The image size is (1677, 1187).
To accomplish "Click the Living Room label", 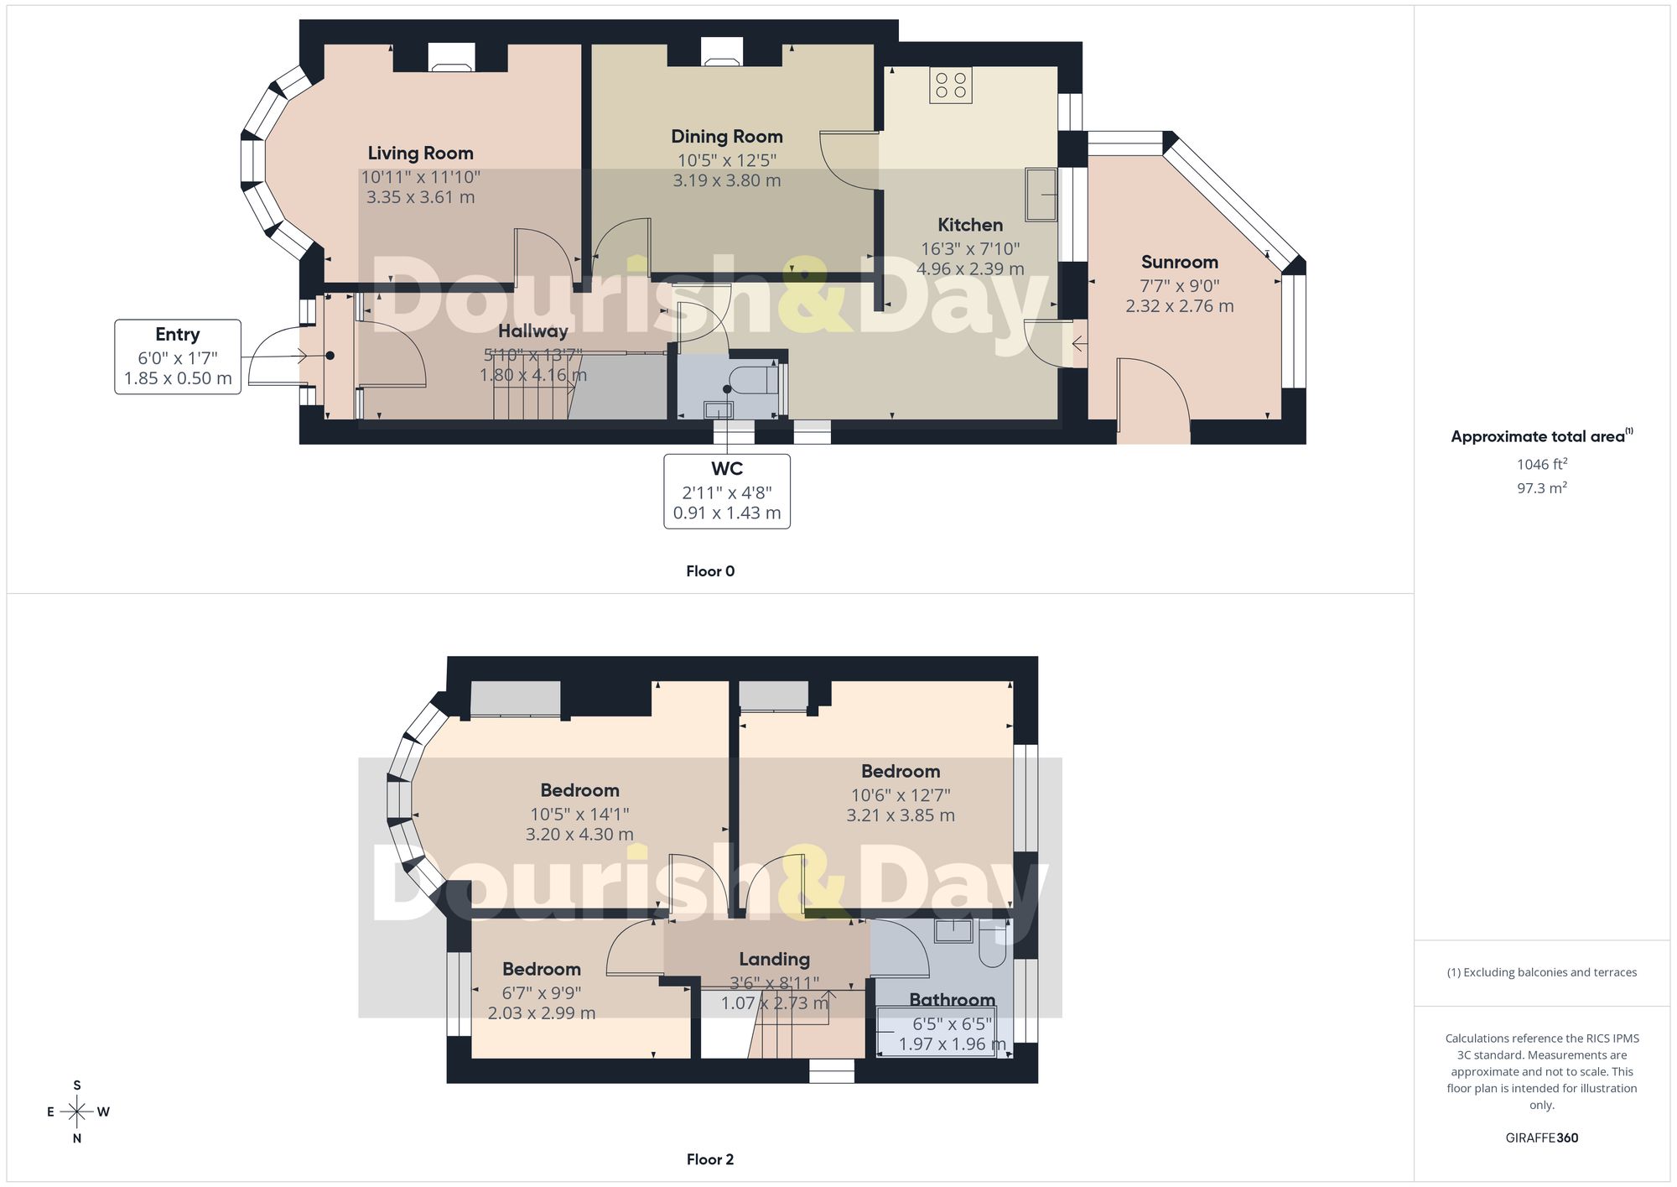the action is coord(420,154).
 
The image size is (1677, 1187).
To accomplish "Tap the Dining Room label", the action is coord(727,137).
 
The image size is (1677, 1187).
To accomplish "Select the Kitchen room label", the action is coord(970,225).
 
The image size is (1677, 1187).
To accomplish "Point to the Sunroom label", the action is coord(1179,263).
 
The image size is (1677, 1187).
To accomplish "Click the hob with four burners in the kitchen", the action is coord(951,86).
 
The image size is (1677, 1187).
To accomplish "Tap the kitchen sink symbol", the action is coord(1041,195).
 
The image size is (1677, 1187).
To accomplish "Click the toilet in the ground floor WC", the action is coord(755,379).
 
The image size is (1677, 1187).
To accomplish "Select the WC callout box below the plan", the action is coord(727,492).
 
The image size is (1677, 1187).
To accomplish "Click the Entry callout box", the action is coord(178,357).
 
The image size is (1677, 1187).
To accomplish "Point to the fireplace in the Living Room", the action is coord(451,57).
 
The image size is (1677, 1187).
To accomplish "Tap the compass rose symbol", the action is coord(77,1112).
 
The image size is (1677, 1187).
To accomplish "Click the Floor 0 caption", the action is coord(710,571).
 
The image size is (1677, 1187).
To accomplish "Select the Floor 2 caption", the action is coord(710,1159).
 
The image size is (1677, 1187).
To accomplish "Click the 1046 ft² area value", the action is coord(1542,464).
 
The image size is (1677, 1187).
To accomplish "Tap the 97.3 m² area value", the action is coord(1542,487).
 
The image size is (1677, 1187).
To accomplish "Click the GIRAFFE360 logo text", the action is coord(1542,1138).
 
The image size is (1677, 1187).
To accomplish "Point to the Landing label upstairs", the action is coord(774,960).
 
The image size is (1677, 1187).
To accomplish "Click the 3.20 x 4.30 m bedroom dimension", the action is coord(579,835).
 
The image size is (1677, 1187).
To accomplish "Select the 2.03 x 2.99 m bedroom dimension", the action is coord(542,1013).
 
